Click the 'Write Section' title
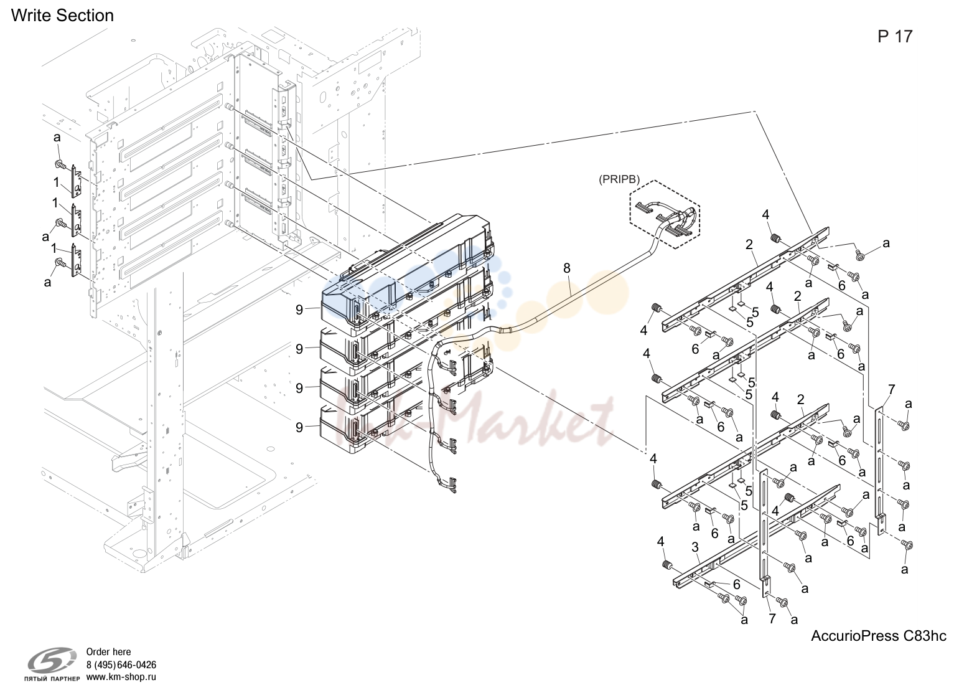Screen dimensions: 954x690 tap(62, 16)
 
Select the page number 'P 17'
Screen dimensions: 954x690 tap(895, 37)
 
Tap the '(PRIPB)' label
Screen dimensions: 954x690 tap(619, 179)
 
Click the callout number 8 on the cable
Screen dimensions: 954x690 tap(566, 268)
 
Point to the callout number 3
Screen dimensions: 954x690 tap(695, 547)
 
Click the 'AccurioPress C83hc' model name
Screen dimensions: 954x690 tap(878, 635)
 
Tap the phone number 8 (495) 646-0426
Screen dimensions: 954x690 tap(121, 664)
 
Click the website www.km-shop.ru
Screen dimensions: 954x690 tap(121, 677)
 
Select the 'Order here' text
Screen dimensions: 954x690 tap(109, 651)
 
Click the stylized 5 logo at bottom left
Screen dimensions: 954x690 tap(52, 661)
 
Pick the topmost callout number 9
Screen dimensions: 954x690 tap(299, 310)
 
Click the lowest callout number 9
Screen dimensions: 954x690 tap(299, 427)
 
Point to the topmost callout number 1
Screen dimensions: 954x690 tap(56, 182)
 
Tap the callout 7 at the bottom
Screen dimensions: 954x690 tap(772, 618)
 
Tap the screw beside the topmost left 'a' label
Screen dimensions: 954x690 tap(59, 164)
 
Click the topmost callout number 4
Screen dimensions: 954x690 tap(766, 214)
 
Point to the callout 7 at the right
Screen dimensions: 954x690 tap(891, 389)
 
